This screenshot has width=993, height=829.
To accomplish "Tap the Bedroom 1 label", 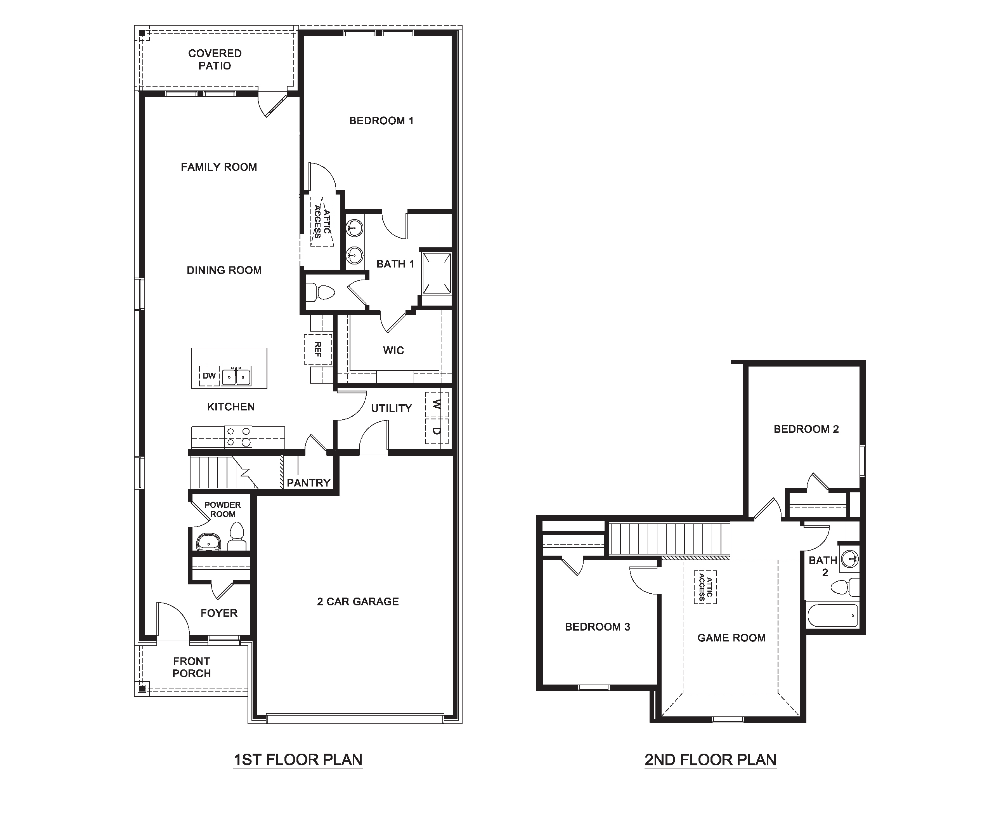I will click(x=381, y=121).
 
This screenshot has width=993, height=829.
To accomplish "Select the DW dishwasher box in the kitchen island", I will click(x=209, y=376).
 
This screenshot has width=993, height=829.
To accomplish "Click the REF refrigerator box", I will click(x=318, y=349).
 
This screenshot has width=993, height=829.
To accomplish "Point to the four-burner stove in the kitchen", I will click(x=238, y=437).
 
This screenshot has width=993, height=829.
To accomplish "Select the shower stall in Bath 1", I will click(x=436, y=273).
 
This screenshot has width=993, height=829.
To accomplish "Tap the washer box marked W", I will click(x=437, y=405).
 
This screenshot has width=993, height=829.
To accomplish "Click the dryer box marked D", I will click(x=437, y=431).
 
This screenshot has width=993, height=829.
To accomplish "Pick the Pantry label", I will click(x=308, y=483).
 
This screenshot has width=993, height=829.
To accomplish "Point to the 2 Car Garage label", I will click(x=357, y=601).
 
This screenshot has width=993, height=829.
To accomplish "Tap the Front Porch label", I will click(x=192, y=667).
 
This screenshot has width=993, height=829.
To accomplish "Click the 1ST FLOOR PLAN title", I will click(x=298, y=759).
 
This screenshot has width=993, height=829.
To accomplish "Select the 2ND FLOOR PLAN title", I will click(x=710, y=760).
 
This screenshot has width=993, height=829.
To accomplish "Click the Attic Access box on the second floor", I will click(x=705, y=587).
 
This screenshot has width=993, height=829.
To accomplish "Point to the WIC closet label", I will click(x=393, y=350).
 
